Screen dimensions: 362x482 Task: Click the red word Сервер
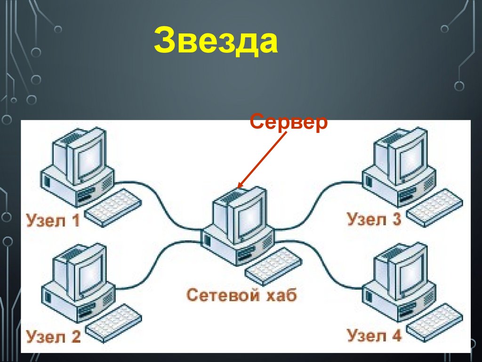(x=289, y=123)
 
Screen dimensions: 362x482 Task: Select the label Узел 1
(x=53, y=220)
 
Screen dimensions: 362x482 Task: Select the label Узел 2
(x=53, y=337)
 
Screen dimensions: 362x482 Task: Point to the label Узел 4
(x=374, y=336)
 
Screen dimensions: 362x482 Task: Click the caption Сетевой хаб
(x=242, y=296)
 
